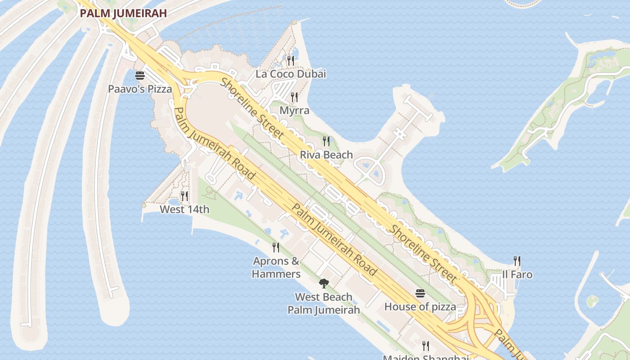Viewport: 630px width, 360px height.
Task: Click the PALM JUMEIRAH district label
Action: pos(123,13)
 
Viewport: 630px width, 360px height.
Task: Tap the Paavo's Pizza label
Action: pos(140,89)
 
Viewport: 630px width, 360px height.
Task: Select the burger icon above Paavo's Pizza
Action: pos(140,75)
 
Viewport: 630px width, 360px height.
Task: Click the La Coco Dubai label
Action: pos(291,74)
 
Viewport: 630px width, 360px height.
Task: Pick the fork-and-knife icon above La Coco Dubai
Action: pos(291,60)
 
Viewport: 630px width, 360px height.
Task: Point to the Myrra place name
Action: pos(294,110)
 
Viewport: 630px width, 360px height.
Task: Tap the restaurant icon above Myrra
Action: pos(294,97)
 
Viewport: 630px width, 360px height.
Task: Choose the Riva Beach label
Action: pos(326,155)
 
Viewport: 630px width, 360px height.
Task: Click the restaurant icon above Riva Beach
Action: pos(326,141)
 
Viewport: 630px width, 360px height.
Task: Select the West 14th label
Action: pos(184,209)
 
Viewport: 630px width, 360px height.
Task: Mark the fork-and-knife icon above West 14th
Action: pos(184,196)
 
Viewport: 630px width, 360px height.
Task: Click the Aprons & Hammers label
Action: pos(276,267)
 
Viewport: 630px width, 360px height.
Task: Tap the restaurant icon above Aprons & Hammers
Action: pos(276,247)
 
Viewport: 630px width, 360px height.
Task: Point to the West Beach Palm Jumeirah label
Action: pos(324,303)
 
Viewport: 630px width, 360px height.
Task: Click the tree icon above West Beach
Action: pos(324,283)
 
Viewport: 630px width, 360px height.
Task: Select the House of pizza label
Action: pos(420,307)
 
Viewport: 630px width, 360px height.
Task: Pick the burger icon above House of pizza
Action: pos(420,293)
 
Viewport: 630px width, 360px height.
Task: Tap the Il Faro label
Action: pos(517,274)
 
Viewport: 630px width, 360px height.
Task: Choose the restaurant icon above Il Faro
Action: pos(517,261)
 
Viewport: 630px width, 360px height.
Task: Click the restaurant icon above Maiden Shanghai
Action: pos(426,346)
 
